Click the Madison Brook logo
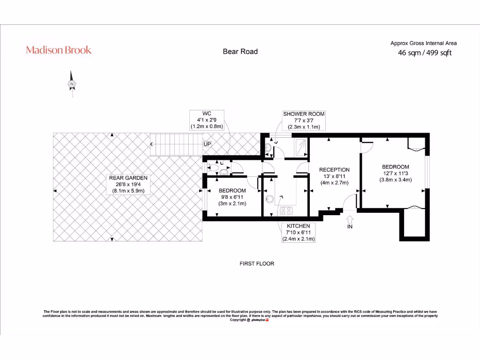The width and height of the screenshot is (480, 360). (59, 50)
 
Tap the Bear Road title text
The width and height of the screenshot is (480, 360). (240, 52)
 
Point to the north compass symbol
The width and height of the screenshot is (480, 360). (72, 84)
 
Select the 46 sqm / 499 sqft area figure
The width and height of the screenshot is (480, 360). (424, 53)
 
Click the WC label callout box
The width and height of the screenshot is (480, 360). (207, 120)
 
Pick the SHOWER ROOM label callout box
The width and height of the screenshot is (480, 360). (303, 120)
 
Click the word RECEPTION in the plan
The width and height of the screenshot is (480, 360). (334, 170)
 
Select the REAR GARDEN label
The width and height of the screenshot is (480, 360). (128, 178)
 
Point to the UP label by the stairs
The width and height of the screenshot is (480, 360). (207, 144)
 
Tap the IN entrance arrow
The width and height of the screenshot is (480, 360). (349, 220)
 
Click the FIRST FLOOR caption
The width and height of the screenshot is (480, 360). (257, 264)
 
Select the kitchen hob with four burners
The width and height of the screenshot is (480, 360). (286, 210)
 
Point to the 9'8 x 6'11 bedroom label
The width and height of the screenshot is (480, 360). (232, 197)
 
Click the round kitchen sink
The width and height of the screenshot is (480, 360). (269, 199)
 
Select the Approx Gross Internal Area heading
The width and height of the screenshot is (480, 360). (423, 43)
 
